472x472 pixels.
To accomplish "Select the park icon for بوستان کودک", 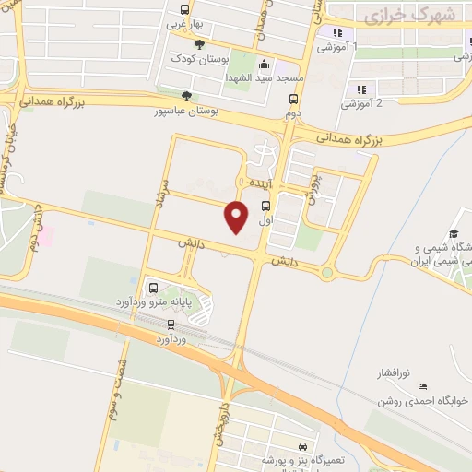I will click(200, 43).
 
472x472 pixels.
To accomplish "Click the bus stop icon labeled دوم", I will click(294, 100).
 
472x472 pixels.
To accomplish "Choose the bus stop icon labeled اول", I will click(265, 206).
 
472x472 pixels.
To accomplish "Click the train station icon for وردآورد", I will click(171, 324).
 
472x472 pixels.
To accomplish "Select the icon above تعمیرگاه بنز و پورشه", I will click(302, 446).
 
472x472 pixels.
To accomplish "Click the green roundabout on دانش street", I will click(327, 273).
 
